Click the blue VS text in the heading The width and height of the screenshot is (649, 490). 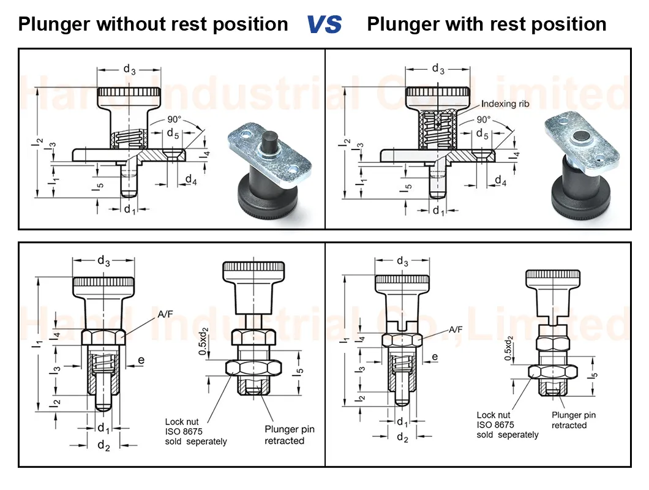pyautogui.click(x=324, y=24)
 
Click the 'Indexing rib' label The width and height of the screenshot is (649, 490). pyautogui.click(x=505, y=104)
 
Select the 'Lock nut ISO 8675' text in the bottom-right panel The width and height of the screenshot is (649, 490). pyautogui.click(x=496, y=420)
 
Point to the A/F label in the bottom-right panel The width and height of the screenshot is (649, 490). pyautogui.click(x=456, y=330)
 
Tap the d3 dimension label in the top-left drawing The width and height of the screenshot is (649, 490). pyautogui.click(x=129, y=69)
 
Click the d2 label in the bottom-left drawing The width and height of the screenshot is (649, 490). pyautogui.click(x=103, y=445)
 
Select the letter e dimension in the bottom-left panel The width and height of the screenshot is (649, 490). pyautogui.click(x=141, y=360)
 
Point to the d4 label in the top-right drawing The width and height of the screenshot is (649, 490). pyautogui.click(x=500, y=181)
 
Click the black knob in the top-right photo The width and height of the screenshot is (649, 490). pyautogui.click(x=579, y=196)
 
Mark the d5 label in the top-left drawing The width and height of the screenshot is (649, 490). pyautogui.click(x=173, y=134)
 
